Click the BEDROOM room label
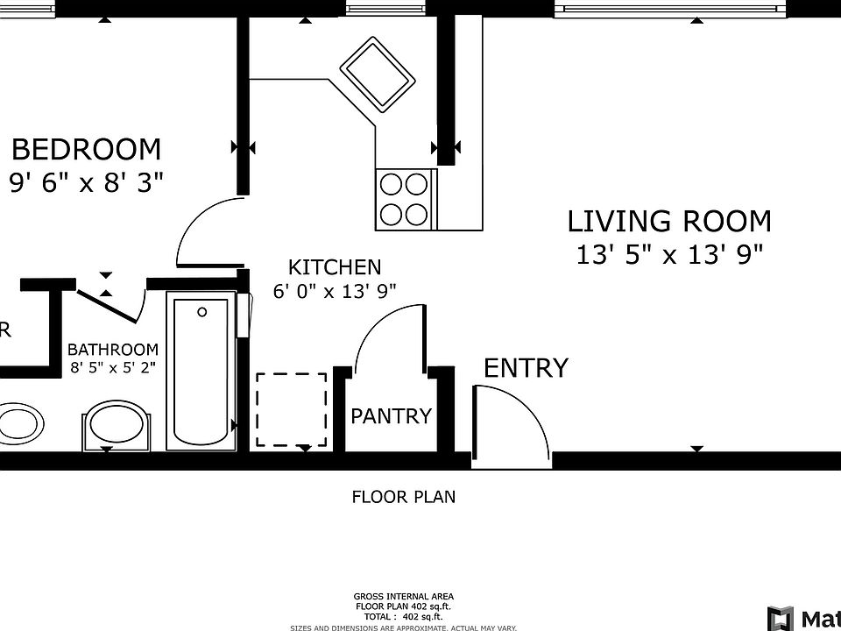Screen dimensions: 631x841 [86, 149]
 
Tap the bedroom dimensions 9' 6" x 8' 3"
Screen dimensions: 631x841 [86, 182]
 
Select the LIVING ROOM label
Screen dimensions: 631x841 [669, 221]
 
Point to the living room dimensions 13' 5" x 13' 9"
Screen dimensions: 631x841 [669, 255]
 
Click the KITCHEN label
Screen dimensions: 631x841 [335, 267]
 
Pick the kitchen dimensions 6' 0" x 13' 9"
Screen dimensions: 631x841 [335, 292]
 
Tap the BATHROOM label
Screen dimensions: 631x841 [113, 349]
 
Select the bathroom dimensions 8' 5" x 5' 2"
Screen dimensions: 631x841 [113, 367]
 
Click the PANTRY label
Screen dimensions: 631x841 [391, 416]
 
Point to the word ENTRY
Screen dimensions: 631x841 [526, 368]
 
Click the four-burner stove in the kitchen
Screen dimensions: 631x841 [405, 199]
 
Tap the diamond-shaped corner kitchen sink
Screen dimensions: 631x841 [377, 74]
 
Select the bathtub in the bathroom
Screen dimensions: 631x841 [201, 372]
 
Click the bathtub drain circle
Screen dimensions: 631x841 [202, 311]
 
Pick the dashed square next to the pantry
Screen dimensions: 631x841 [292, 409]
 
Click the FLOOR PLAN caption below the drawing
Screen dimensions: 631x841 [403, 497]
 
